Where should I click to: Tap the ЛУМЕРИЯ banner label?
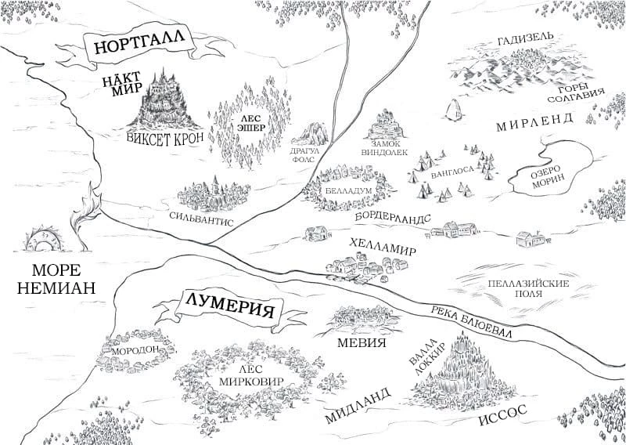coord(228,304)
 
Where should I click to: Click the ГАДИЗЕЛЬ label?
coord(525,39)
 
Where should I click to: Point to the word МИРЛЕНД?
coord(535,121)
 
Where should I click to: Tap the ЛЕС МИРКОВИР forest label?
coord(246,375)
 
